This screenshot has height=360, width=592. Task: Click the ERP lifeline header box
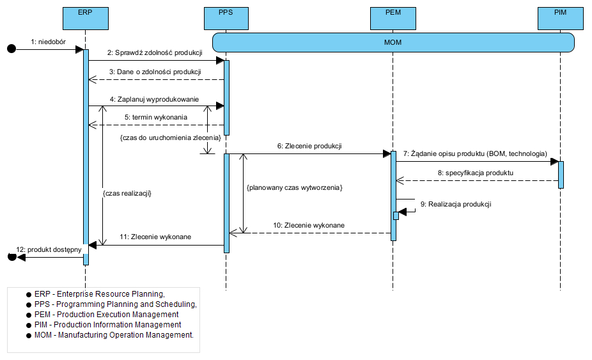[86, 18]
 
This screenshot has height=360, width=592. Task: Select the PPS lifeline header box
[226, 18]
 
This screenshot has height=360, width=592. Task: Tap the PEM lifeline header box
[393, 18]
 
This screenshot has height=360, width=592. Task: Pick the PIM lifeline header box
[560, 18]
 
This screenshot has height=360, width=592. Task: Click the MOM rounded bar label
[393, 42]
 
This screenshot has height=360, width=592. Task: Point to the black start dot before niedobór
[12, 49]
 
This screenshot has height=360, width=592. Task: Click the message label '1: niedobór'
[49, 42]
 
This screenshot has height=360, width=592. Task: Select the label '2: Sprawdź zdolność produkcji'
[155, 53]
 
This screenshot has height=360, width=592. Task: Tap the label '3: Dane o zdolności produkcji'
[155, 72]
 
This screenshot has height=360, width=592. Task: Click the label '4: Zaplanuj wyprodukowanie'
[155, 99]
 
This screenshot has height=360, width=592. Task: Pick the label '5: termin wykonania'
[156, 117]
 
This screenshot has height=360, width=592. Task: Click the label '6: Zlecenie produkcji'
[309, 146]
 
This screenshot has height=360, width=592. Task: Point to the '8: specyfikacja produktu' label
[476, 173]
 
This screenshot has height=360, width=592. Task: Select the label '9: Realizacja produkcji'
[456, 204]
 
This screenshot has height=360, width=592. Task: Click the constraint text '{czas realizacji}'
[127, 193]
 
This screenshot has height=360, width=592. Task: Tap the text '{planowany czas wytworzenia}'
[295, 187]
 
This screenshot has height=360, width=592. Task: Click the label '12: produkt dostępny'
[49, 249]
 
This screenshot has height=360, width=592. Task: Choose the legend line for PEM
[107, 315]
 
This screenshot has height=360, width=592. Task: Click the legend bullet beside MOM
[29, 336]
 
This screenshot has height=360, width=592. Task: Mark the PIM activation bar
[561, 175]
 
